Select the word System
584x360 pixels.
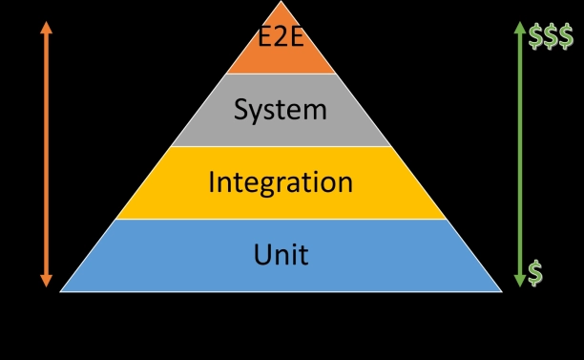[x=281, y=110]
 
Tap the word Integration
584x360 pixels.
[x=281, y=181]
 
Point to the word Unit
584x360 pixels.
[x=281, y=254]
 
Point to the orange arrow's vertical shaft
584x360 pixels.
[x=46, y=153]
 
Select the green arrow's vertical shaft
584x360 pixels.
[x=519, y=153]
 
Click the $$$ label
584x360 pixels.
[x=551, y=37]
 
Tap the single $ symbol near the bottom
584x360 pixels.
[x=535, y=272]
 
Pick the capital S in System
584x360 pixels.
[x=242, y=110]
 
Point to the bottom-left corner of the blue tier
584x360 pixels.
[x=61, y=290]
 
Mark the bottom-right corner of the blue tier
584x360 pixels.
[x=501, y=290]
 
